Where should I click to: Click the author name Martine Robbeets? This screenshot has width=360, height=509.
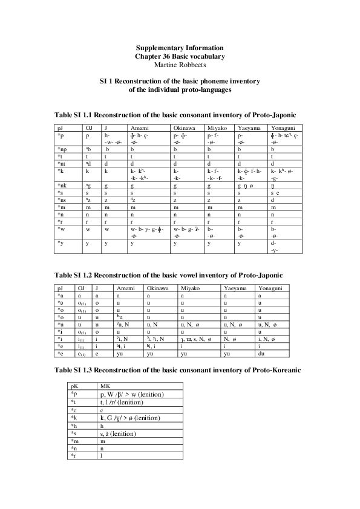point(180,64)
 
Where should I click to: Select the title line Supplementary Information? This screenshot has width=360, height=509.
point(180,48)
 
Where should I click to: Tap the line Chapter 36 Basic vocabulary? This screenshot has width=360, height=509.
point(180,56)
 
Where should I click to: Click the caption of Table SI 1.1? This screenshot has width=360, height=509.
point(175,114)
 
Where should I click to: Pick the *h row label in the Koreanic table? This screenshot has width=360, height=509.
point(74,426)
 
